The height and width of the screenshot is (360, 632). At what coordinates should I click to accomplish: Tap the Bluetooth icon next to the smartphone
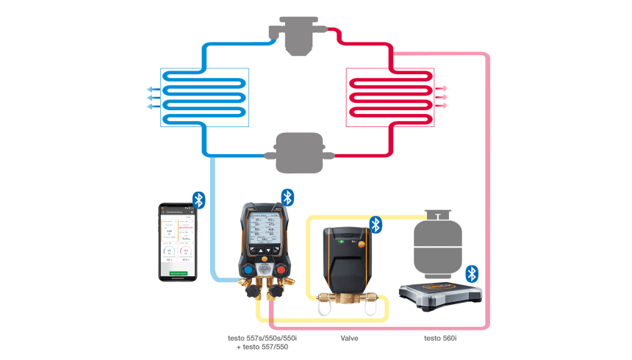coord(198,200)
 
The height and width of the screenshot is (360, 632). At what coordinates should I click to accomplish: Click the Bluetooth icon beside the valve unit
coord(376,224)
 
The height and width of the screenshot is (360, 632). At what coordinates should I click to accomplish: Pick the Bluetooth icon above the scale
coord(473,273)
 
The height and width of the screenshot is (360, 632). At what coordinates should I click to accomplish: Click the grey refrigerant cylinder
coord(437,246)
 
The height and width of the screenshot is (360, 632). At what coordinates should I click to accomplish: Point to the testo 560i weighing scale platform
coord(439,294)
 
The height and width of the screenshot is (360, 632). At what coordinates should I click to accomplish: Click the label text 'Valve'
coord(350,338)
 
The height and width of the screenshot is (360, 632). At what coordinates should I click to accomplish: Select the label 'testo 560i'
coord(440,338)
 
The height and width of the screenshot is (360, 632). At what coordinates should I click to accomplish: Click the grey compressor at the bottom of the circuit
coord(298,153)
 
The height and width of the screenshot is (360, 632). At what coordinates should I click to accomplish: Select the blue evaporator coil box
coord(205,97)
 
